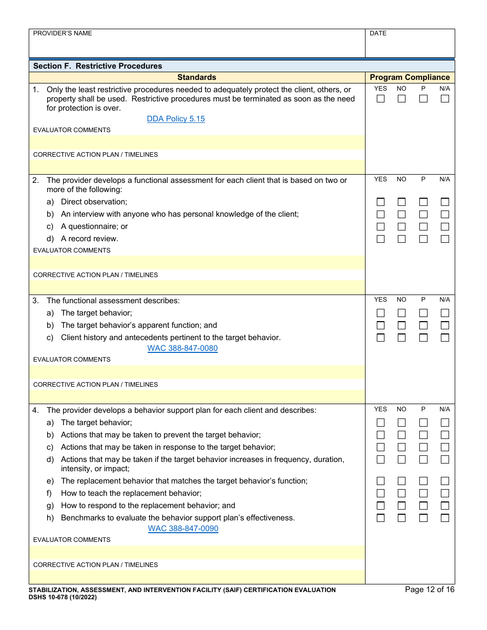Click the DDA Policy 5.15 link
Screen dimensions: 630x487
(x=176, y=119)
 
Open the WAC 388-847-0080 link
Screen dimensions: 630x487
(x=182, y=348)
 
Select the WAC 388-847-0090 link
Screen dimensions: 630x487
(x=183, y=529)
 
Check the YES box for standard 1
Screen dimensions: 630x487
(x=380, y=99)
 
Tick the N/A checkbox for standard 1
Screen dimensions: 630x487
(x=444, y=99)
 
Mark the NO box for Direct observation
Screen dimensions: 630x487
(x=401, y=202)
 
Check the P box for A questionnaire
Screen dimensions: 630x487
(x=423, y=226)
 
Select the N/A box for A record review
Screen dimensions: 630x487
(x=444, y=239)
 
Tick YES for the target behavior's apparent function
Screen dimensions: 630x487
(x=380, y=325)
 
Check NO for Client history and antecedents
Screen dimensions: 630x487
(x=401, y=338)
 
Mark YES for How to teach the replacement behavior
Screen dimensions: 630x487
(x=380, y=493)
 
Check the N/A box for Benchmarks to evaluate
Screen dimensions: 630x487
(x=444, y=518)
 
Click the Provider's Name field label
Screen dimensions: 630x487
(x=63, y=33)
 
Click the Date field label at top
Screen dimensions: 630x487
(x=378, y=33)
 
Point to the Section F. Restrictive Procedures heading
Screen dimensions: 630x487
(x=97, y=66)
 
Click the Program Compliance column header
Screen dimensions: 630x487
(x=410, y=77)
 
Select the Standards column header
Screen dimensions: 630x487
(x=197, y=77)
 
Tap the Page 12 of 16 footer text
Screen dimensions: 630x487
(x=430, y=590)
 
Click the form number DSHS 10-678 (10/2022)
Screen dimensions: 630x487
(x=63, y=597)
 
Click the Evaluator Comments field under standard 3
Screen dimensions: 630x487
(x=197, y=372)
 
